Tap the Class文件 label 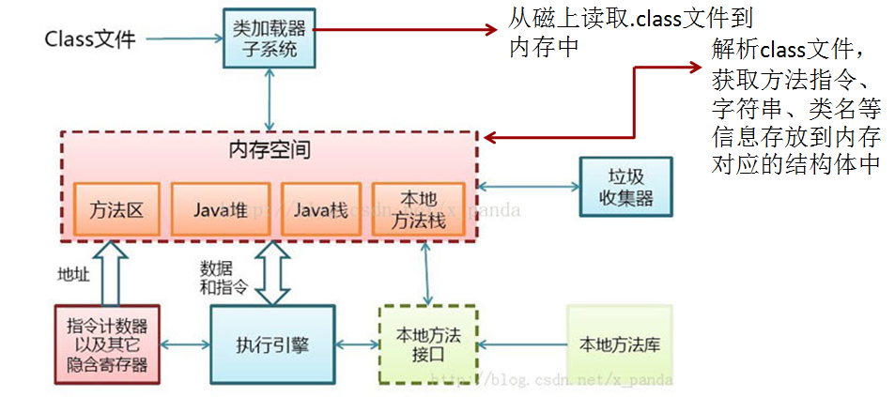coord(90,39)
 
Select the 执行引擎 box coord(272,344)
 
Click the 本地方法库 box coord(620,344)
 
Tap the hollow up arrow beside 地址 coord(111,272)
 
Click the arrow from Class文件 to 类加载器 coord(182,39)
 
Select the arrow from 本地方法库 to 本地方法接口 coord(522,344)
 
